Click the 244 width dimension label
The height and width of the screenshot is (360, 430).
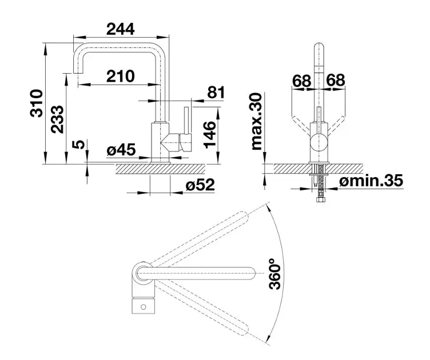pos(121,29)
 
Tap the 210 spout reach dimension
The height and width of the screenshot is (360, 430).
pos(121,76)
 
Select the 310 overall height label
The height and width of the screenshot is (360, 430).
pos(37,103)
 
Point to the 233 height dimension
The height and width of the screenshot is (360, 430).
pos(58,119)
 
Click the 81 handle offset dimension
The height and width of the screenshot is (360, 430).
pos(216,93)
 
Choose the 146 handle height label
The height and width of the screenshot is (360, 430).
pos(210,134)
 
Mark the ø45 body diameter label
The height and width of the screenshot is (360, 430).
pos(121,150)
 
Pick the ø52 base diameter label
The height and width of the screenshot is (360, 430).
pos(200,185)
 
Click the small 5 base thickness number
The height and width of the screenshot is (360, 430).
pos(78,145)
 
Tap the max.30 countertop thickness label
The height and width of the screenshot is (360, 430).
pos(257,121)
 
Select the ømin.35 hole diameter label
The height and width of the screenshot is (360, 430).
pos(371,181)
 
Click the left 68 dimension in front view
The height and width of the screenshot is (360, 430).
pos(302,81)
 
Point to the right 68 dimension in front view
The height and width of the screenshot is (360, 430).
pos(336,80)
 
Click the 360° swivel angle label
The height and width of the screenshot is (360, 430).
pos(275,273)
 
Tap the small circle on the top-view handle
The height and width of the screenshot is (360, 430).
pos(143,307)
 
